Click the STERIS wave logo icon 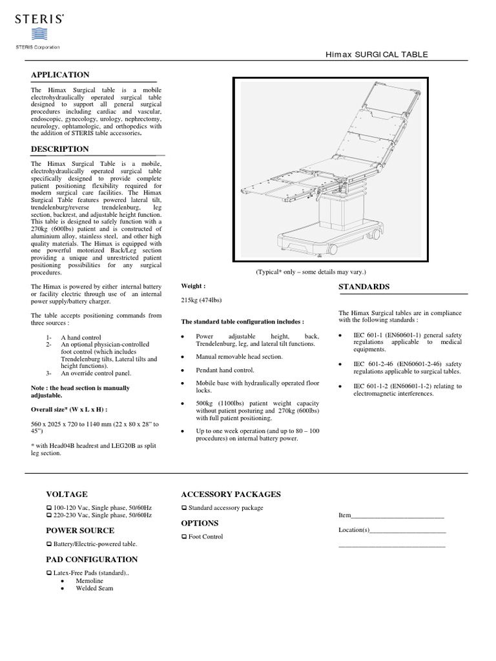[37, 34]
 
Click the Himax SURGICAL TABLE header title [376, 54]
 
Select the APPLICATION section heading [60, 75]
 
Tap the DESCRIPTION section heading [60, 149]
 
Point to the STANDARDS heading [363, 286]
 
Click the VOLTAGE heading [67, 494]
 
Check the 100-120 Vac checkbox [49, 508]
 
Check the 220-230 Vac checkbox [49, 516]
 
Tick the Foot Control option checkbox [184, 537]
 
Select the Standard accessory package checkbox [184, 509]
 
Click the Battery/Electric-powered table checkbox [49, 544]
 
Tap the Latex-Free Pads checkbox [49, 573]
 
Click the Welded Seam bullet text [94, 589]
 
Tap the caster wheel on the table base [334, 248]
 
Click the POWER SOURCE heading [80, 530]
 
